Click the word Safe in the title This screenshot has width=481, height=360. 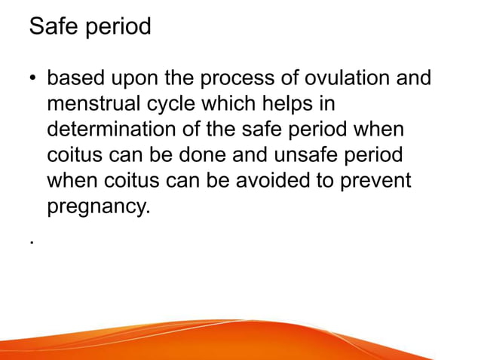[54, 27]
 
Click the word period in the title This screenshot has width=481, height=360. [118, 28]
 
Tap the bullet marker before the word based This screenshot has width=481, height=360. [34, 78]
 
